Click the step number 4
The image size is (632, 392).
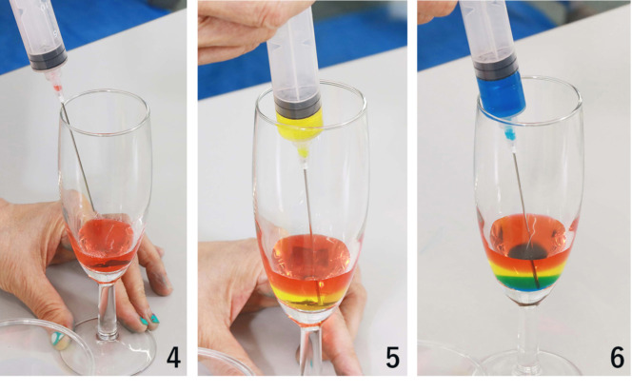tap(173, 358)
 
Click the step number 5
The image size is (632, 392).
tap(392, 358)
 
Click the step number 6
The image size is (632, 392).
tap(617, 358)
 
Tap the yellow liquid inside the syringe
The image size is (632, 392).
tap(299, 121)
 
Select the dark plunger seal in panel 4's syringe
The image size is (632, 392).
tap(49, 59)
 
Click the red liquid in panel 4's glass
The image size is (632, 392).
tap(104, 245)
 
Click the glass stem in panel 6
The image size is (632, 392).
tap(526, 334)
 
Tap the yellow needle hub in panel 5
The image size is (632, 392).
tap(303, 150)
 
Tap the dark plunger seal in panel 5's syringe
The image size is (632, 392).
tap(298, 105)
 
